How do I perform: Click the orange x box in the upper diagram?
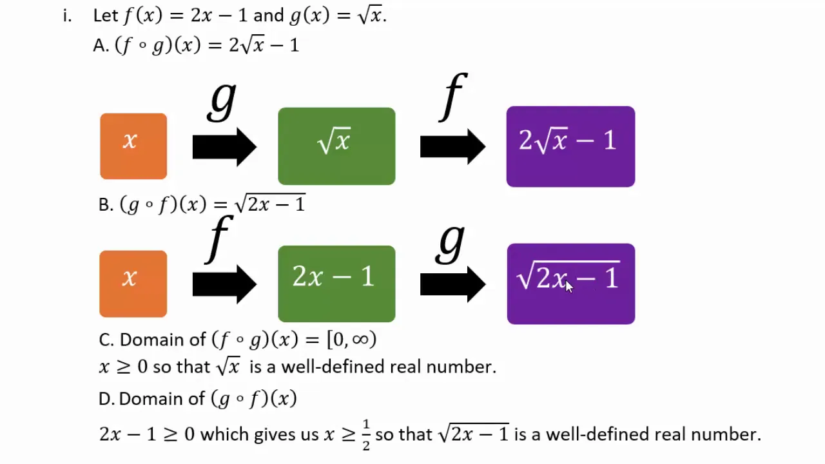click(133, 146)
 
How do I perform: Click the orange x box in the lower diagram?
click(133, 284)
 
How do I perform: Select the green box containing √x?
click(336, 146)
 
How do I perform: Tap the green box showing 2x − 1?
click(336, 284)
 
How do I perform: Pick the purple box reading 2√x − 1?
click(570, 146)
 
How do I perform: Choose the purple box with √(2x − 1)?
click(571, 284)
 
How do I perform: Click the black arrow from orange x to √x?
click(224, 147)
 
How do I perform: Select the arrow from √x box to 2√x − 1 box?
click(452, 146)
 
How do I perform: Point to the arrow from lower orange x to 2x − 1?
click(224, 284)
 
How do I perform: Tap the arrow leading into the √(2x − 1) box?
click(452, 284)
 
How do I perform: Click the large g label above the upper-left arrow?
click(222, 101)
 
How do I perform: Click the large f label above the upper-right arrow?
click(453, 97)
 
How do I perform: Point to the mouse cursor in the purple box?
click(569, 287)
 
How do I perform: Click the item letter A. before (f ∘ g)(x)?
click(101, 46)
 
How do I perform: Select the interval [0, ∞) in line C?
click(352, 339)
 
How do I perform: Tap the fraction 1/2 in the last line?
click(365, 435)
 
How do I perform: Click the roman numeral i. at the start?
click(67, 16)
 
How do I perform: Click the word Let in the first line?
click(106, 16)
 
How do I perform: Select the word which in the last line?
click(225, 434)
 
